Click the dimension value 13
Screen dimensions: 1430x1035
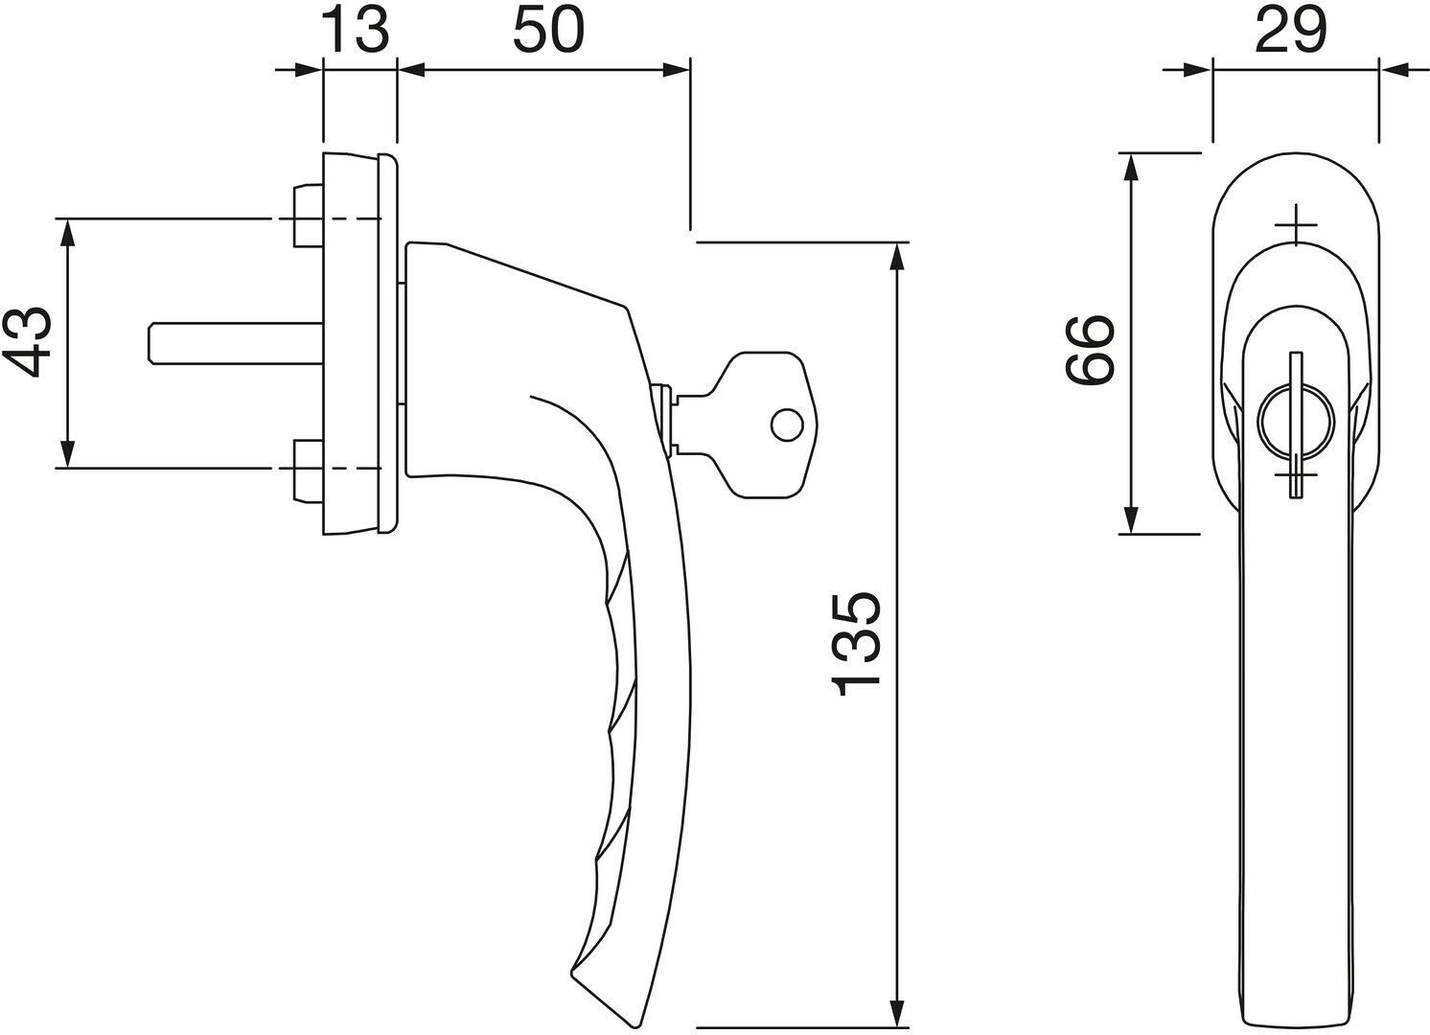pyautogui.click(x=358, y=31)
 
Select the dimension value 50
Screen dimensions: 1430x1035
pyautogui.click(x=548, y=31)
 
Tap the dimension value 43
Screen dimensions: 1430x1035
pyautogui.click(x=28, y=342)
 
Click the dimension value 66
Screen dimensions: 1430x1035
pyautogui.click(x=1090, y=350)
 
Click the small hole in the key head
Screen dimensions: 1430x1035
pyautogui.click(x=787, y=425)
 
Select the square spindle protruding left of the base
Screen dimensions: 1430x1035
pyautogui.click(x=236, y=344)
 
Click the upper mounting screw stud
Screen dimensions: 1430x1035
pyautogui.click(x=309, y=216)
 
